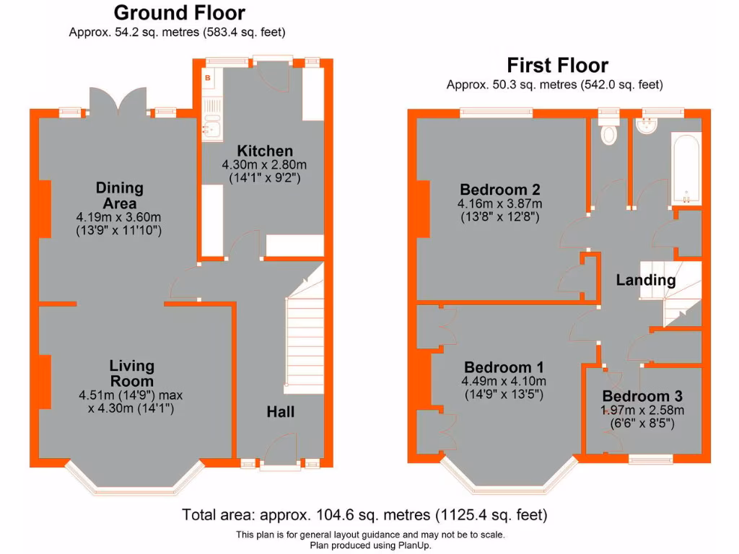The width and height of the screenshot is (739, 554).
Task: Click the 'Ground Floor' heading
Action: [179, 13]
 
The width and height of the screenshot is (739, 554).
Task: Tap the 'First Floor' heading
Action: [557, 65]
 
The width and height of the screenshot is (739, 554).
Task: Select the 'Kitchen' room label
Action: [266, 151]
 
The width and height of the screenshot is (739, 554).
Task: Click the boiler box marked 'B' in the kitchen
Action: [208, 77]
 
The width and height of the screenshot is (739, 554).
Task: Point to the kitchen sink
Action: [210, 128]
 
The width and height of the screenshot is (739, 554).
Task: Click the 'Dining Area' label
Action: [120, 195]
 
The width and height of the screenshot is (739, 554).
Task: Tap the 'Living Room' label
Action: [132, 373]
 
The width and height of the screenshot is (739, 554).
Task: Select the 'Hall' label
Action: [280, 412]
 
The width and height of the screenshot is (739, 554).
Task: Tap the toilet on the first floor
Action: [609, 132]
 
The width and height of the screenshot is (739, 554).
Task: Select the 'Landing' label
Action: [645, 281]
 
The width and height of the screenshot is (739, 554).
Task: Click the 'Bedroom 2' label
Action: [500, 190]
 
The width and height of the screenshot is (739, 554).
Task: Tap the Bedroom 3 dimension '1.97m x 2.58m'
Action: [642, 410]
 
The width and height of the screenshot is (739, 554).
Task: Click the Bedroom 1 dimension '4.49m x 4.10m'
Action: [504, 382]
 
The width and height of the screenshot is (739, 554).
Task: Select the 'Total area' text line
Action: [364, 515]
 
